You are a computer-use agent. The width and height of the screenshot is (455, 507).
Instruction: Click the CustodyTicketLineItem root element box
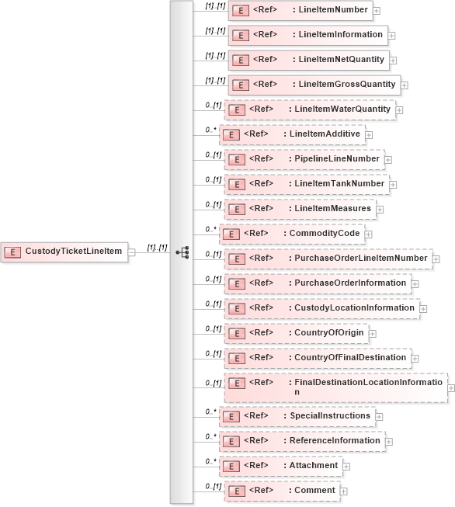[x=64, y=252]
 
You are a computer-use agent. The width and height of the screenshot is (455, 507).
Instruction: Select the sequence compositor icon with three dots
[x=182, y=252]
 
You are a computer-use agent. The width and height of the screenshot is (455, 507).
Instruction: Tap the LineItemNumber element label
[x=333, y=9]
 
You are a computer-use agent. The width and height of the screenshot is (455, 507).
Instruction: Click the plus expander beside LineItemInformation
[x=391, y=36]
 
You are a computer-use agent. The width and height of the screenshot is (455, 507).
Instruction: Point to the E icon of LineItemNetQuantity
[x=241, y=60]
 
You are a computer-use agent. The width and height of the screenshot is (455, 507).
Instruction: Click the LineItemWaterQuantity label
[x=342, y=109]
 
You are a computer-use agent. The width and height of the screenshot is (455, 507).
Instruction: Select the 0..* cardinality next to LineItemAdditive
[x=210, y=130]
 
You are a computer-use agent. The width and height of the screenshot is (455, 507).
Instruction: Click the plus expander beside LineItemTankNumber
[x=394, y=185]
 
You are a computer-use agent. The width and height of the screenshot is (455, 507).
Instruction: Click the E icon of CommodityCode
[x=231, y=234]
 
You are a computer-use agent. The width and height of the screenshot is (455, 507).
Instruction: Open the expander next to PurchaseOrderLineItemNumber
[x=437, y=259]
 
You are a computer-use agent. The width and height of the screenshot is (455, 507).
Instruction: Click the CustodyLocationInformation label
[x=355, y=307]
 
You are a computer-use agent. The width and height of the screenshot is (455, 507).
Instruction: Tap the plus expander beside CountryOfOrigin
[x=372, y=334]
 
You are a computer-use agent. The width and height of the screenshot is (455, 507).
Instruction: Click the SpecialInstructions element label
[x=330, y=416]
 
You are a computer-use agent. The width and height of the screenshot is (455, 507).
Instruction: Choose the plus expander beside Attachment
[x=347, y=467]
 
